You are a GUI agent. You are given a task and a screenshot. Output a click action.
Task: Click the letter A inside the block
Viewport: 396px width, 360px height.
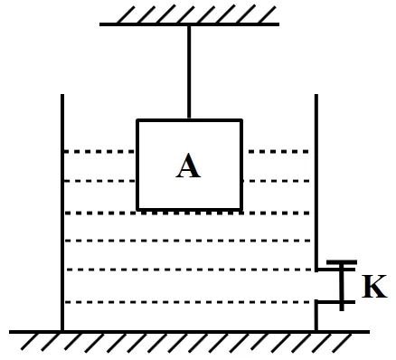tap(188, 166)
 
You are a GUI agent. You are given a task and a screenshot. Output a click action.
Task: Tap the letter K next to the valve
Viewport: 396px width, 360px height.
tap(374, 286)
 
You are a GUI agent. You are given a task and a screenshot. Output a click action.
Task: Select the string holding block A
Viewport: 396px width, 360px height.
tap(189, 72)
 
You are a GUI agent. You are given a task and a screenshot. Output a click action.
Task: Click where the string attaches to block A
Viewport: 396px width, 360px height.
tap(189, 118)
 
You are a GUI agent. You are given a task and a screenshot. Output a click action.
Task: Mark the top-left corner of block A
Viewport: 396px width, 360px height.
tap(137, 120)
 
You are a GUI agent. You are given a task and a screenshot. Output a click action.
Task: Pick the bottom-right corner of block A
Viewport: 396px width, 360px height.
tap(241, 209)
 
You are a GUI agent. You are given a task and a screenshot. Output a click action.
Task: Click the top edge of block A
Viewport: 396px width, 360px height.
tap(190, 120)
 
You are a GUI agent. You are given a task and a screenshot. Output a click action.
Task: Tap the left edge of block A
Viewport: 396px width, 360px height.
tap(137, 165)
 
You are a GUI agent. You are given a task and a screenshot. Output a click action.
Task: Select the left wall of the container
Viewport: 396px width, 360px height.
tap(62, 213)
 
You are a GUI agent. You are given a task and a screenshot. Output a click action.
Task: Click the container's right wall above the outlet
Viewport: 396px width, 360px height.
tap(316, 183)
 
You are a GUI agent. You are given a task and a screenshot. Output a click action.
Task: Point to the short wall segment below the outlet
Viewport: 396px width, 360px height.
tap(316, 316)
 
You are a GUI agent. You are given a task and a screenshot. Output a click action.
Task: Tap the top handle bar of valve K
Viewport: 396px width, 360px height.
tap(342, 262)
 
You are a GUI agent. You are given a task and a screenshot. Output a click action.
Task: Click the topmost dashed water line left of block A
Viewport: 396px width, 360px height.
tap(99, 151)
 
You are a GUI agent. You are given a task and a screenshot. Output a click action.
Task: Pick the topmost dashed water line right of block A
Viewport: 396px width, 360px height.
tap(278, 151)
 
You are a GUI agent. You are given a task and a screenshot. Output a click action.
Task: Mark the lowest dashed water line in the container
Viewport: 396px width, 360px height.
tap(188, 302)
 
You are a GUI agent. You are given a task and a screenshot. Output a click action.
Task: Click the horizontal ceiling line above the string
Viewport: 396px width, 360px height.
tap(189, 24)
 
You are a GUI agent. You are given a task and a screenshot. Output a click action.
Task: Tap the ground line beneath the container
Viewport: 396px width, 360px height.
tap(189, 332)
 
